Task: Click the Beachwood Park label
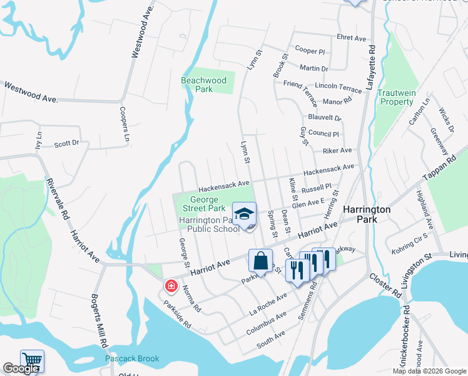tap(203, 85)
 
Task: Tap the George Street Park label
tap(203, 204)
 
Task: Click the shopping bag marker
tap(260, 260)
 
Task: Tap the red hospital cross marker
tap(170, 286)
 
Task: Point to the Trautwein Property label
tap(397, 97)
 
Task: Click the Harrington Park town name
tap(367, 215)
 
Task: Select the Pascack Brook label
tap(132, 359)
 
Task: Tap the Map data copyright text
tap(428, 371)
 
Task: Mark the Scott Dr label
tap(66, 144)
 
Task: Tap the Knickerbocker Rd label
tap(405, 336)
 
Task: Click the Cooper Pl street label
tap(310, 50)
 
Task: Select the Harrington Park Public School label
tap(209, 224)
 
